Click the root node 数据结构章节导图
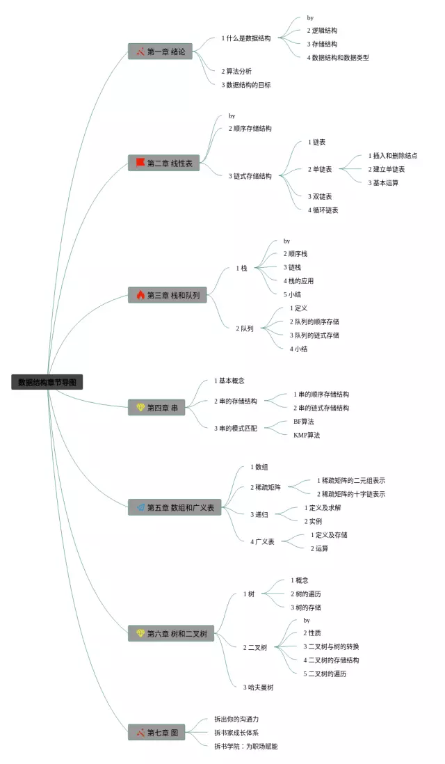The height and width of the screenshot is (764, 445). pyautogui.click(x=47, y=382)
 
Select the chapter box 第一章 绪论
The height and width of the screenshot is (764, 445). pyautogui.click(x=160, y=51)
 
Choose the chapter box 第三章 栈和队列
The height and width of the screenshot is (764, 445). pyautogui.click(x=167, y=295)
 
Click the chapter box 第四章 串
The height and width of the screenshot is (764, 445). pyautogui.click(x=156, y=408)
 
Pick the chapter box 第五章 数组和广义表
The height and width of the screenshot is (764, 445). pyautogui.click(x=174, y=507)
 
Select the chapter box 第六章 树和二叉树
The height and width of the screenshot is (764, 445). pyautogui.click(x=170, y=633)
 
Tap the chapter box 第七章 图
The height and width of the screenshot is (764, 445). pyautogui.click(x=156, y=732)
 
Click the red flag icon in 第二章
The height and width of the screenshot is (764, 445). pyautogui.click(x=140, y=163)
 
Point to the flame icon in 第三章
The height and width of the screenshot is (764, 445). pyautogui.click(x=140, y=295)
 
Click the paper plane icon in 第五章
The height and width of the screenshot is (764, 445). pyautogui.click(x=140, y=507)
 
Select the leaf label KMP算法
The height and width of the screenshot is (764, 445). pyautogui.click(x=307, y=435)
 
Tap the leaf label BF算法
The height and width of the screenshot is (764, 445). pyautogui.click(x=303, y=422)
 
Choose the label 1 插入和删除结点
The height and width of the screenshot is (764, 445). pyautogui.click(x=392, y=156)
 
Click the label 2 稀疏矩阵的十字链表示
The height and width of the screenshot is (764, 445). pyautogui.click(x=350, y=494)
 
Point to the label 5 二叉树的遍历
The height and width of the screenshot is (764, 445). pyautogui.click(x=325, y=674)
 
